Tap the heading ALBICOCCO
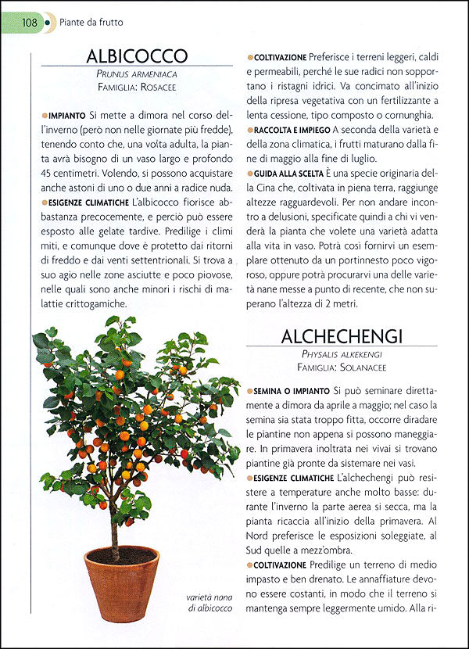pyautogui.click(x=138, y=56)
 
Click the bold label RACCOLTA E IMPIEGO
pyautogui.click(x=290, y=129)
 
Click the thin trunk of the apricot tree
pyautogui.click(x=114, y=532)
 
